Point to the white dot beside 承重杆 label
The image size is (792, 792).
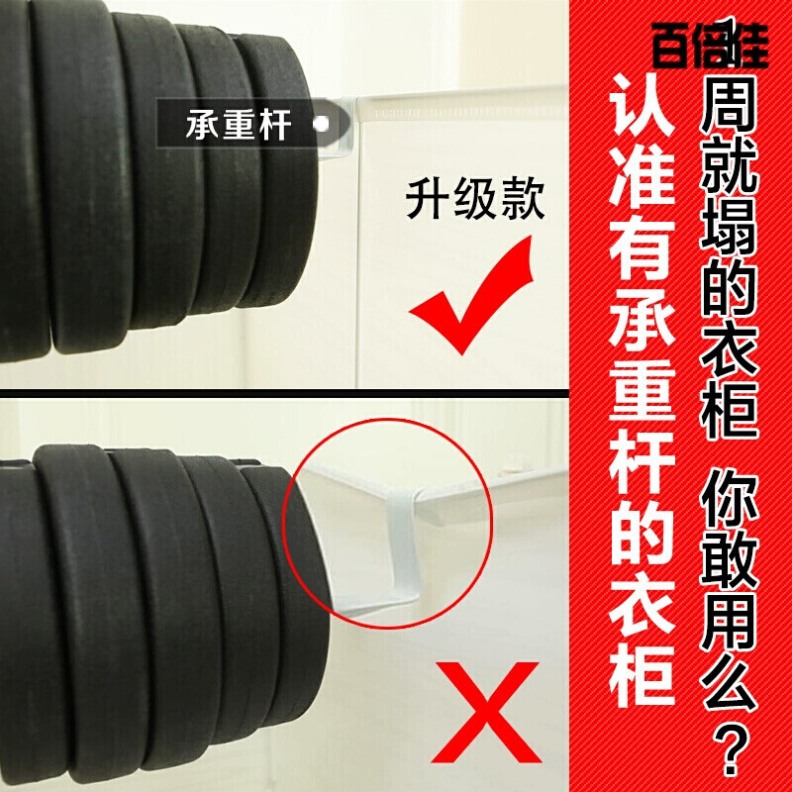click(x=320, y=125)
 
